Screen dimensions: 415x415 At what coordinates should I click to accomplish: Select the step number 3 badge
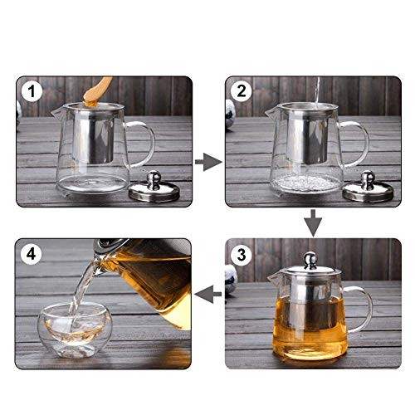[x=241, y=253]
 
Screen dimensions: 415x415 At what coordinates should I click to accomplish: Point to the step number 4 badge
[x=31, y=253]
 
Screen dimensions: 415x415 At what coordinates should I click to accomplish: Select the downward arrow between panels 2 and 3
[x=313, y=221]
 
